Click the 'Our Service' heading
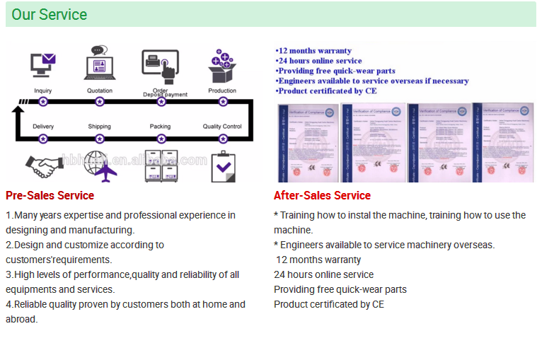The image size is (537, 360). [x=50, y=14]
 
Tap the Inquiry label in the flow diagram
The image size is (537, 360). [x=43, y=91]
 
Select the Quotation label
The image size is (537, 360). [x=99, y=91]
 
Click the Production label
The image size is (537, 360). [x=222, y=91]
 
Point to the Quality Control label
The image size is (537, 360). [x=222, y=127]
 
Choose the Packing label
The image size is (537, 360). [x=161, y=127]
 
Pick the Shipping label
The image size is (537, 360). [x=99, y=127]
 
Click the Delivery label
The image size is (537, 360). [x=43, y=127]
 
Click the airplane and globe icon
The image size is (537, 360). [x=99, y=166]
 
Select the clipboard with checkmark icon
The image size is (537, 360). [x=224, y=166]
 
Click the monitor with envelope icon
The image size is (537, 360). [x=42, y=65]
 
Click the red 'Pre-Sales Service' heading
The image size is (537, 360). [x=50, y=195]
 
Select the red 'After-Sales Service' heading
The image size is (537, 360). [x=322, y=195]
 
